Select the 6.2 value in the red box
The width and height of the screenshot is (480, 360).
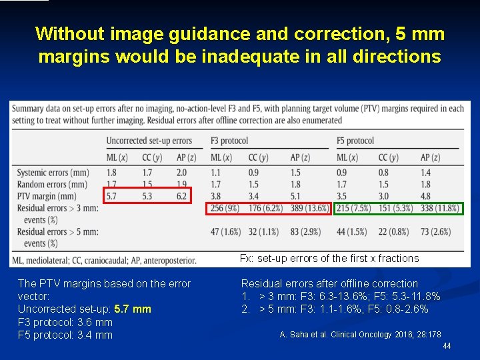(x=181, y=196)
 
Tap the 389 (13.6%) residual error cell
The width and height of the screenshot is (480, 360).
(x=309, y=209)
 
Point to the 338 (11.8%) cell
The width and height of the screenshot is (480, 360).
(x=439, y=209)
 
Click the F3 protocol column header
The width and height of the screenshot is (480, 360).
(x=229, y=141)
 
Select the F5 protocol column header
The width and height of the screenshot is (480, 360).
(x=355, y=141)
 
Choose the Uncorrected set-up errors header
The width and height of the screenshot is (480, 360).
(x=149, y=141)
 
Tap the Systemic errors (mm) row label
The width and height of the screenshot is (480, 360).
(x=53, y=173)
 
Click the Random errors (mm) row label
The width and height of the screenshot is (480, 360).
(x=52, y=184)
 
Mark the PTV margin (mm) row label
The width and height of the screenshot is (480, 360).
(x=47, y=196)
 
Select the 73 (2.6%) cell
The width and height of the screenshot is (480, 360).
(x=435, y=232)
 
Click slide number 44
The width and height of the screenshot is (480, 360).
(x=447, y=346)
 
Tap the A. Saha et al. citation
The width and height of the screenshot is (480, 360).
(x=360, y=334)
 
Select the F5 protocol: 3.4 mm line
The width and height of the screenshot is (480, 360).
(x=65, y=335)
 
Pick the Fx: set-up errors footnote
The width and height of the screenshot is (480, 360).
(x=329, y=259)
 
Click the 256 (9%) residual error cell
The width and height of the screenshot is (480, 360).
(x=225, y=209)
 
